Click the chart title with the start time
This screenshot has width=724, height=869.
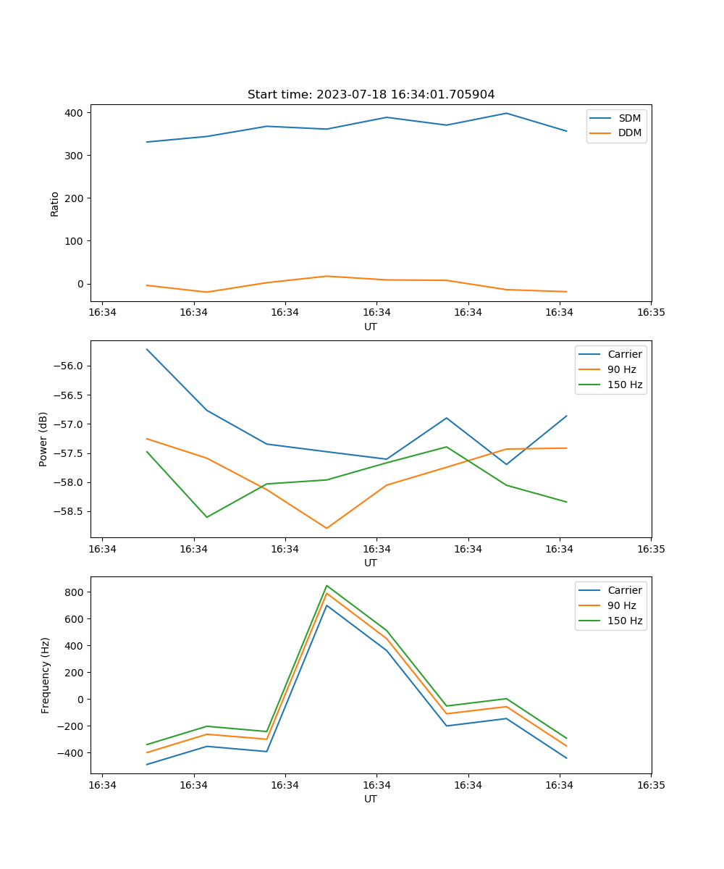pyautogui.click(x=371, y=95)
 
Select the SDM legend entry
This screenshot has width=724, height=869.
pyautogui.click(x=628, y=118)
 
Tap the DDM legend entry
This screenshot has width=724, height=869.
pyautogui.click(x=628, y=133)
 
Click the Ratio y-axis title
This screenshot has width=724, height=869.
pyautogui.click(x=55, y=203)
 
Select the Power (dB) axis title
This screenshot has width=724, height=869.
pyautogui.click(x=43, y=439)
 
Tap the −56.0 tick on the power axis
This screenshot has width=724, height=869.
pyautogui.click(x=70, y=366)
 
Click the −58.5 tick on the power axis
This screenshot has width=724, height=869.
pyautogui.click(x=70, y=511)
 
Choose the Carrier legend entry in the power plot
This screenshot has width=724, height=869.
pyautogui.click(x=624, y=354)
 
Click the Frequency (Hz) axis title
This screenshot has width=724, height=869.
pyautogui.click(x=46, y=675)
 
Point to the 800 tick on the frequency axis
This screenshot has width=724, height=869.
pyautogui.click(x=75, y=592)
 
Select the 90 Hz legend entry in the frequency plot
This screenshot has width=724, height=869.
pyautogui.click(x=621, y=605)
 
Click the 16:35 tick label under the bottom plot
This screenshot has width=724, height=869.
pyautogui.click(x=651, y=785)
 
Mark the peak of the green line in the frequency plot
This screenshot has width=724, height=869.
pyautogui.click(x=327, y=586)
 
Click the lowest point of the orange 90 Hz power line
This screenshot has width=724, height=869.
pyautogui.click(x=327, y=528)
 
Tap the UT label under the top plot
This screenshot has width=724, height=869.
pyautogui.click(x=371, y=327)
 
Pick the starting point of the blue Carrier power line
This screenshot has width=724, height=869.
pyautogui.click(x=147, y=349)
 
